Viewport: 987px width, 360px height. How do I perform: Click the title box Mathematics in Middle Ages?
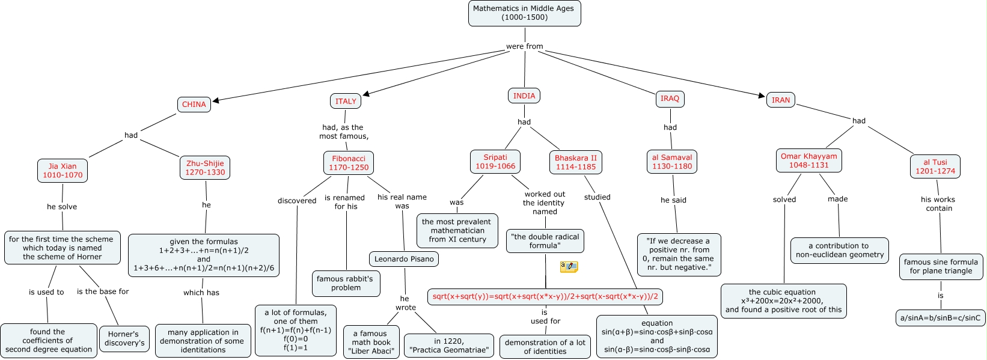524,13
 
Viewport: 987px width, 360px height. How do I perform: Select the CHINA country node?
194,105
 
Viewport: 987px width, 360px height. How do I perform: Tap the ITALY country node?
346,102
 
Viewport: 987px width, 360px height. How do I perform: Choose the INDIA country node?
524,96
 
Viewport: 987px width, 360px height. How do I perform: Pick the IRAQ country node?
670,98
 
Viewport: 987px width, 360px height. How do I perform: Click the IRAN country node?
781,100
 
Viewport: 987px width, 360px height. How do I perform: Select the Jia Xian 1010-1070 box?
63,171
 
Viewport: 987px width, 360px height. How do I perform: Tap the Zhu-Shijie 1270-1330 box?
205,168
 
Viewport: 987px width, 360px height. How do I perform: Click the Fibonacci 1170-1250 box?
349,163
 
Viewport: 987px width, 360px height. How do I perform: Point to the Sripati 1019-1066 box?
495,162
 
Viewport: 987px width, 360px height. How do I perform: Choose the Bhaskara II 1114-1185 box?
575,162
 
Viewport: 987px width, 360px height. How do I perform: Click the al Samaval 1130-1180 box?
672,162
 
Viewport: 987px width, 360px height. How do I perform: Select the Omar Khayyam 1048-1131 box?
808,160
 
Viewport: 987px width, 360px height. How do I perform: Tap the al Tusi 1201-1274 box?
935,166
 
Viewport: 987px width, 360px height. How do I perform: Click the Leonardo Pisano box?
403,259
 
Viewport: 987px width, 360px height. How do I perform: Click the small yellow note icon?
569,267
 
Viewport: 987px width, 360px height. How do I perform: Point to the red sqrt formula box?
545,296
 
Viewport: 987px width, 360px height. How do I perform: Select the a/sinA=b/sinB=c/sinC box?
940,318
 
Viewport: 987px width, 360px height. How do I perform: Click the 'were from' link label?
524,46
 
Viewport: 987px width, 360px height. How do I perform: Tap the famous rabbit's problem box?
346,283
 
